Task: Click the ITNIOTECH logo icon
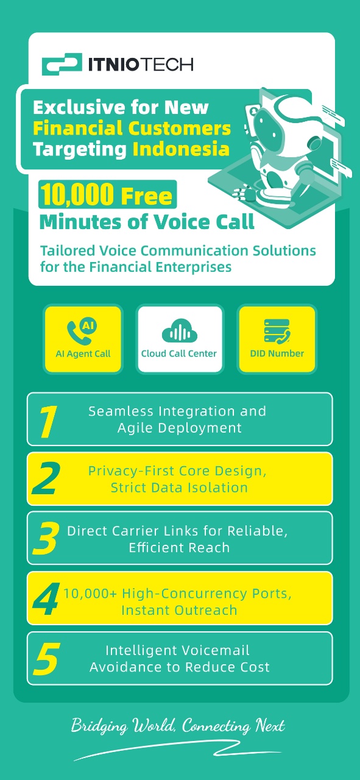coord(62,64)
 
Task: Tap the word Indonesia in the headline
coord(181,149)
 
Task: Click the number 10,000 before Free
coord(77,194)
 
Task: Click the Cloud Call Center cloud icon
coord(180,330)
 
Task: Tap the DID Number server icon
coord(277,331)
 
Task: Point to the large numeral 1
coord(48,421)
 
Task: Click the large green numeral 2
coord(46,479)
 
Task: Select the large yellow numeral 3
coord(46,539)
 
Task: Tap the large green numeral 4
coord(46,598)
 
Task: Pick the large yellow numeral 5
coord(46,659)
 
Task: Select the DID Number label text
coord(277,353)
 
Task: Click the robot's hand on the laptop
coord(246,192)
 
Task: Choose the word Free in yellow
coord(147,196)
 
